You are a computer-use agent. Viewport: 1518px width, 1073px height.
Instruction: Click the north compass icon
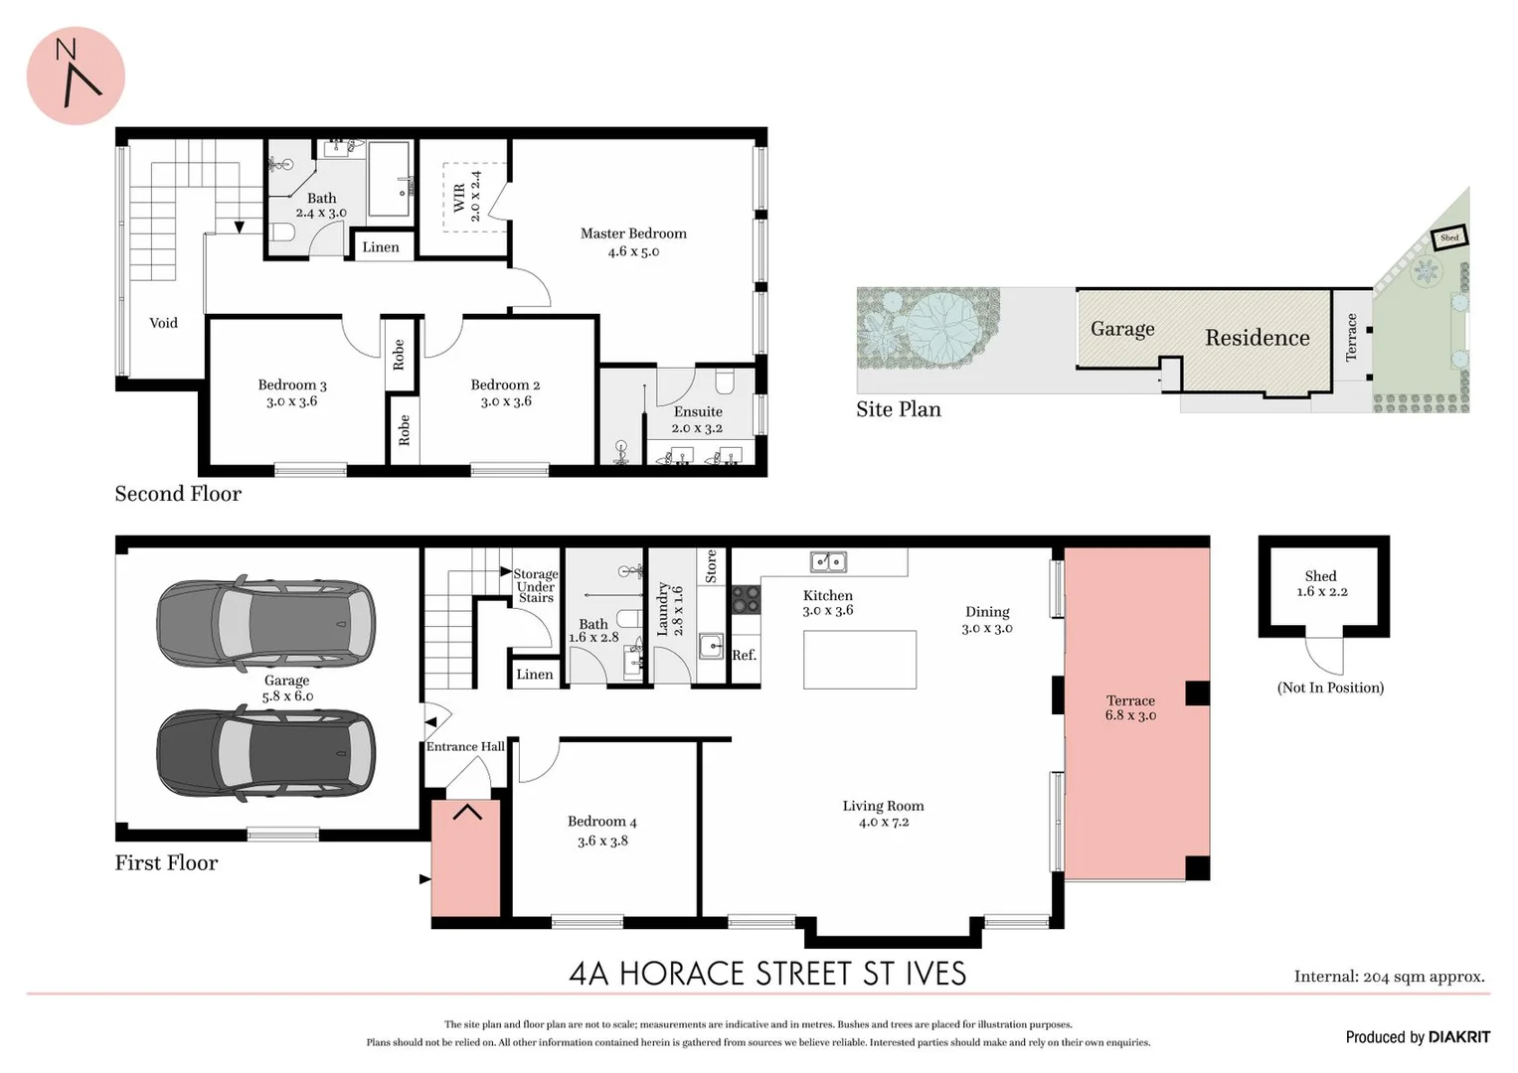76,76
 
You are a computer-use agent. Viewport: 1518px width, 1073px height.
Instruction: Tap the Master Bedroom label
633,233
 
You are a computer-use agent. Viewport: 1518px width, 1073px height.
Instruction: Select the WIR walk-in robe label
459,197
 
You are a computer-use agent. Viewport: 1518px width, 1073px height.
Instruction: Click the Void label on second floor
163,323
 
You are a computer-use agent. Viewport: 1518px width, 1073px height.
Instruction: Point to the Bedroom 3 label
292,384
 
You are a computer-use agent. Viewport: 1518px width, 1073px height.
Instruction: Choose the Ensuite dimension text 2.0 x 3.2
697,428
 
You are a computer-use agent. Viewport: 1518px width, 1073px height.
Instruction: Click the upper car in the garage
265,623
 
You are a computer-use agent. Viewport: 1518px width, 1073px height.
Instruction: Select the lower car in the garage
265,751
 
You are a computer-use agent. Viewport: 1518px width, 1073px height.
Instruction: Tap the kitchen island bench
859,659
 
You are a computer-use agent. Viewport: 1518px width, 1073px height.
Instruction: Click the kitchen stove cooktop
746,598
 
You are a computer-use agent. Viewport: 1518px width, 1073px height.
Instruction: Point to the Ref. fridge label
744,655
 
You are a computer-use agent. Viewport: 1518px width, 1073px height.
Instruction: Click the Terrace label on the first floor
1130,700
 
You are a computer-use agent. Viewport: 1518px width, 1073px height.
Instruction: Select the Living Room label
883,806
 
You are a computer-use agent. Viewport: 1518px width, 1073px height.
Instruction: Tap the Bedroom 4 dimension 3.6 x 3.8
602,841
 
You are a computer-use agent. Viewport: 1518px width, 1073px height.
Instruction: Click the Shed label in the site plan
1449,237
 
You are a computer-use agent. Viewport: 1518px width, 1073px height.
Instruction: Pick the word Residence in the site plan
1257,338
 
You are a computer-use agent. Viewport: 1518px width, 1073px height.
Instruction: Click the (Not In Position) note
1330,688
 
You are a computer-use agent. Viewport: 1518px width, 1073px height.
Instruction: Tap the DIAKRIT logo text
1459,1037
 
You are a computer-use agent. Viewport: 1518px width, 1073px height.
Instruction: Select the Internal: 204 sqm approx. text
1389,977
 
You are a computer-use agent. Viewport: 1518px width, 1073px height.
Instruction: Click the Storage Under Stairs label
535,586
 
